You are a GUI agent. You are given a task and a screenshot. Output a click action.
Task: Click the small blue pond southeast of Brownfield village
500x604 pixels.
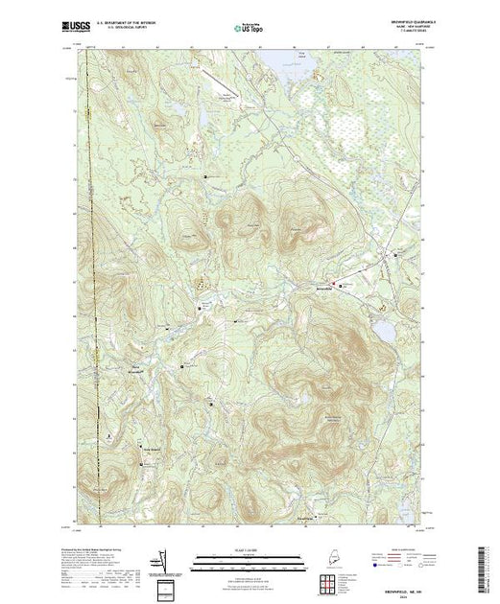click(383, 329)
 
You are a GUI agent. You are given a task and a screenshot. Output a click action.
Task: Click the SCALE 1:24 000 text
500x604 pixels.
click(249, 549)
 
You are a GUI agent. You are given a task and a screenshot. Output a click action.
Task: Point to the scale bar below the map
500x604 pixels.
click(249, 558)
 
